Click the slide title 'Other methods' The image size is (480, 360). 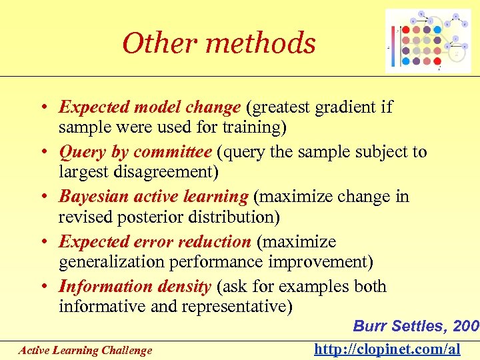(x=219, y=43)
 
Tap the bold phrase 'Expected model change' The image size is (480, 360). (x=149, y=107)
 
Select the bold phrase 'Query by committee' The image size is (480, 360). (x=141, y=152)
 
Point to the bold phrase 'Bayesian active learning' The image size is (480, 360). (x=153, y=197)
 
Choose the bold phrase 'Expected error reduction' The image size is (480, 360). (x=155, y=242)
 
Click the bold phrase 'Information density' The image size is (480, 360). (x=135, y=287)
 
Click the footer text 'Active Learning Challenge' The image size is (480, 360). (x=85, y=350)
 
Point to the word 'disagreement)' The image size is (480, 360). (x=176, y=172)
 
